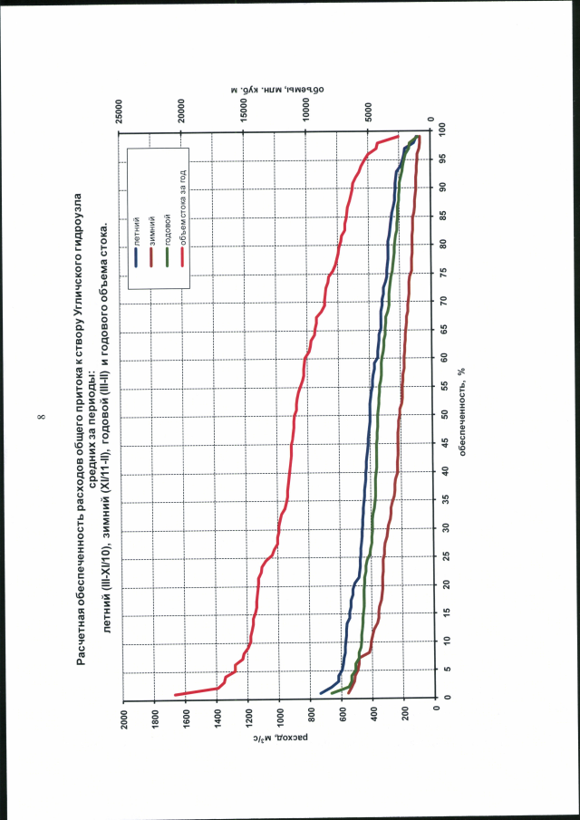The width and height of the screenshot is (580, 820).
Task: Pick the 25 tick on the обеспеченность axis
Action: click(443, 555)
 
